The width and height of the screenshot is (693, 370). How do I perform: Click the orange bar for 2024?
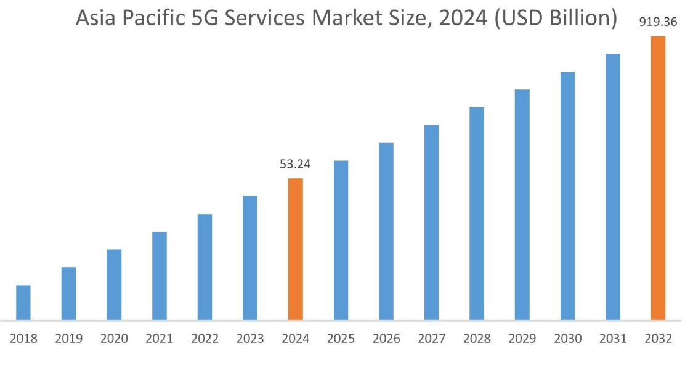(x=295, y=249)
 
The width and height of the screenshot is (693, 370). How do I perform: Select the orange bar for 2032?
(x=658, y=178)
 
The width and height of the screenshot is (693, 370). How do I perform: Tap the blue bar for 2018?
(x=23, y=302)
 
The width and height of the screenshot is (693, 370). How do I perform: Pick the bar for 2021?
(x=159, y=276)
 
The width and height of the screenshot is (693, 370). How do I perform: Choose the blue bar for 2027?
(x=431, y=223)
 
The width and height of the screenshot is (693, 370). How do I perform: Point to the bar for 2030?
(x=567, y=196)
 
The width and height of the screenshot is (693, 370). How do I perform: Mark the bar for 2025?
(x=341, y=240)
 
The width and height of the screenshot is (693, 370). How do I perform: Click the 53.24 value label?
(x=295, y=164)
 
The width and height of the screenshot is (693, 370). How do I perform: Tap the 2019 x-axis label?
(x=68, y=339)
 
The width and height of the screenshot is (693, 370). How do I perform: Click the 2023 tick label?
(x=249, y=339)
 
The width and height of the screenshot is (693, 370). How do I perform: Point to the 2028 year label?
(x=477, y=339)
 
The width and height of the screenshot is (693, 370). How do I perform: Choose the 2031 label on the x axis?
(x=613, y=339)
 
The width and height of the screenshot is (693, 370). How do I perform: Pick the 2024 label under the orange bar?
(x=295, y=339)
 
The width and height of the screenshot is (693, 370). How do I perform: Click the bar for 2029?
(x=522, y=205)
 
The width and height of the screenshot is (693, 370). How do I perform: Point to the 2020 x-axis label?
(x=114, y=339)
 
